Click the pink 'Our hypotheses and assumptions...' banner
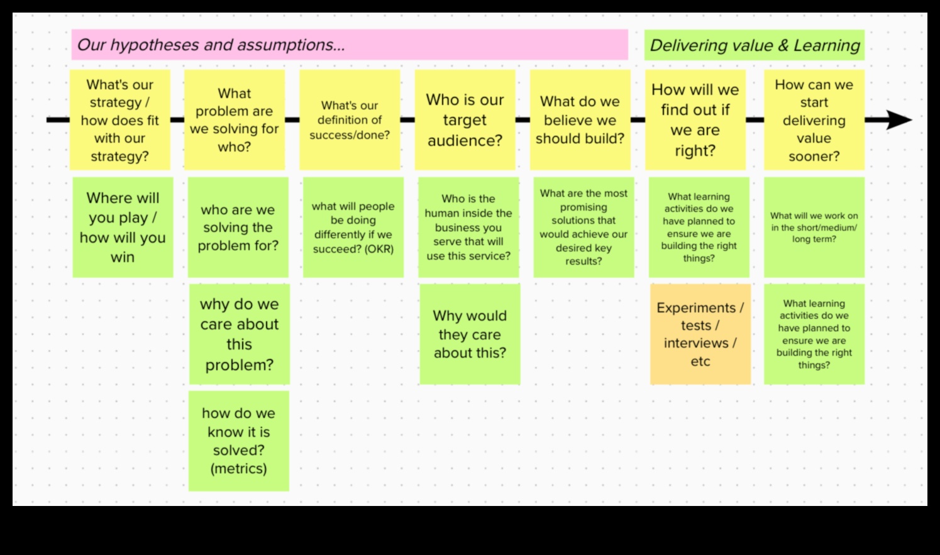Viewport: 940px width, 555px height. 349,45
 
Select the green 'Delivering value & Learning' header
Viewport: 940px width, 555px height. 754,45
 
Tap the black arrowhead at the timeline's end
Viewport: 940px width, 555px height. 899,119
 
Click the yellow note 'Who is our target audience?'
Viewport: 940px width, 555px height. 465,119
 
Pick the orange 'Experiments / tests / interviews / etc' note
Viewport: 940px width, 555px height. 700,334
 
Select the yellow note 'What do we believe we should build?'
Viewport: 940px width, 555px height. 580,119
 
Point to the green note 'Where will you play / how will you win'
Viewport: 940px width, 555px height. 123,227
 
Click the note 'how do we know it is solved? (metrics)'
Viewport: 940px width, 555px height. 238,441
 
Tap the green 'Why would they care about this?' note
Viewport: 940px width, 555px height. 470,334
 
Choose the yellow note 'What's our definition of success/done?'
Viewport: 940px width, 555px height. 350,119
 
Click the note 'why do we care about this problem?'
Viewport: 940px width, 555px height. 239,334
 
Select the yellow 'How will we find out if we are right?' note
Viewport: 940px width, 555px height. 695,119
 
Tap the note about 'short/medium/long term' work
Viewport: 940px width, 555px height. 814,227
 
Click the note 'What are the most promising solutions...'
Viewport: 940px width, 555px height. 583,227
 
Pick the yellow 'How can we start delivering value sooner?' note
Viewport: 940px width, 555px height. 814,119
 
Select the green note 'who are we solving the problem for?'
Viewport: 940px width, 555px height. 238,227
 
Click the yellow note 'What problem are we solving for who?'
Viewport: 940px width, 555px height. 234,119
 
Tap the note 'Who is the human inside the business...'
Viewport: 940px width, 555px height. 468,227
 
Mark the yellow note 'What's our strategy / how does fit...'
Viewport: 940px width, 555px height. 119,119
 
